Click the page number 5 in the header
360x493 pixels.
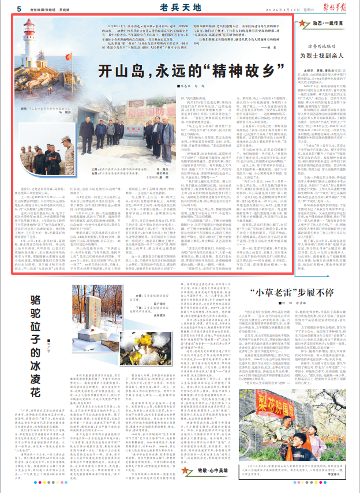tap(18, 9)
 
